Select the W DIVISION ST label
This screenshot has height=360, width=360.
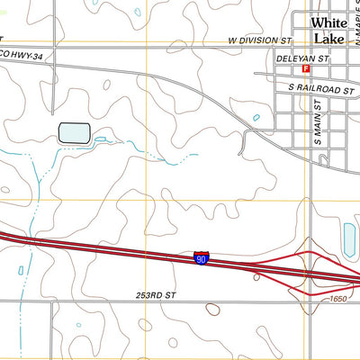[260, 41]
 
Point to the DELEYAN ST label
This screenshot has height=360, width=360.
[298, 57]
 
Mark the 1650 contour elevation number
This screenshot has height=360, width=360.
[337, 299]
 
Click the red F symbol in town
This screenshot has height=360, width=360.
[307, 68]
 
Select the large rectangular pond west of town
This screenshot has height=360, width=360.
[74, 133]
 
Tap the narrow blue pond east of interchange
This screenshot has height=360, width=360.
[348, 238]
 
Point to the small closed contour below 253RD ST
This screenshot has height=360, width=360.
[212, 310]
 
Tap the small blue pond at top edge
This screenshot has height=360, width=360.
[136, 13]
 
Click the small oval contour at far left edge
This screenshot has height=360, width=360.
[4, 190]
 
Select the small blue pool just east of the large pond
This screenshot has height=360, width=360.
[102, 139]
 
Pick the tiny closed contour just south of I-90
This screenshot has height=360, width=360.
[256, 278]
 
